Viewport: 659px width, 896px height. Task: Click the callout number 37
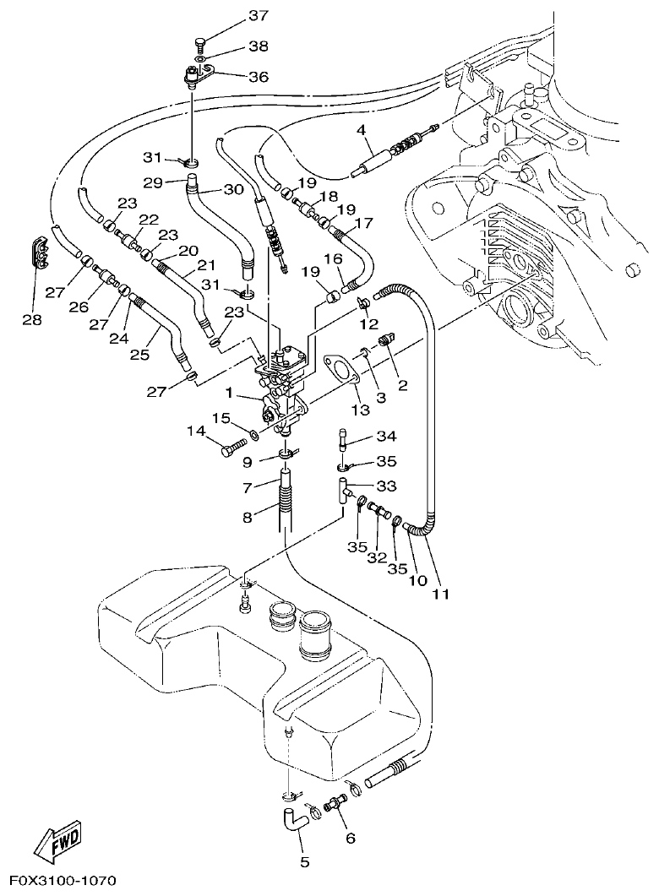pyautogui.click(x=258, y=16)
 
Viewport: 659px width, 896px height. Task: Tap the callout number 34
pyautogui.click(x=386, y=437)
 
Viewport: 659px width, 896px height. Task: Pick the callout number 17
pyautogui.click(x=364, y=225)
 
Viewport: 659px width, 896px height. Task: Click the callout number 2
pyautogui.click(x=402, y=386)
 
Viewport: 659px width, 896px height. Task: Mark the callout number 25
pyautogui.click(x=139, y=356)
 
